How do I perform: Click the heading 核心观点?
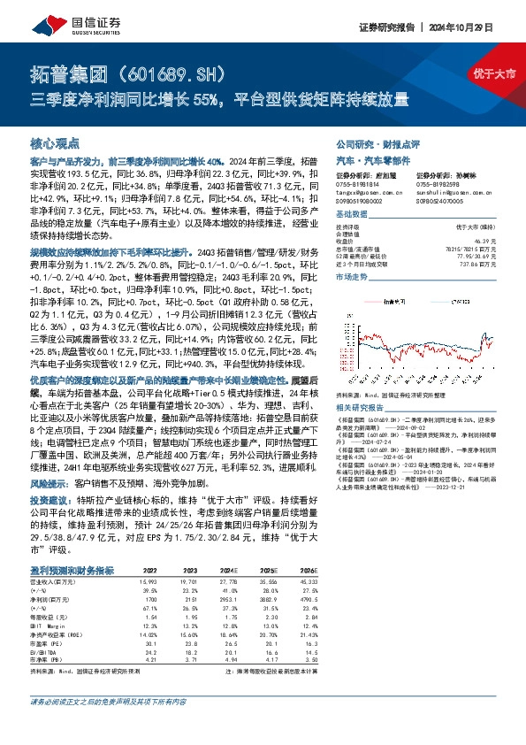coord(55,142)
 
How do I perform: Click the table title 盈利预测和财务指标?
coord(71,571)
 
